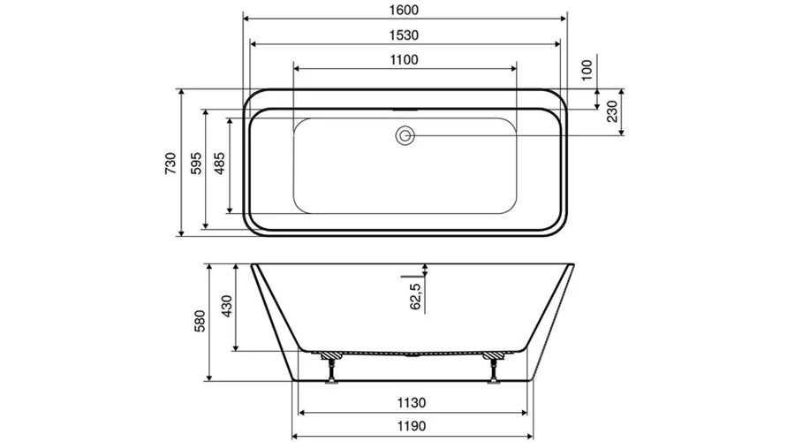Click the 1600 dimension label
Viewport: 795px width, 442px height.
(x=404, y=10)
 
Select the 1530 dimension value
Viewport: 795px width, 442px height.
(x=404, y=35)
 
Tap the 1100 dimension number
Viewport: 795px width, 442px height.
(x=404, y=60)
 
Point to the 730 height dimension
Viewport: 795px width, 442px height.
(x=170, y=163)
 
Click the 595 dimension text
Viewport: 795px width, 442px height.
(x=196, y=163)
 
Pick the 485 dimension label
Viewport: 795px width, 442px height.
(x=220, y=163)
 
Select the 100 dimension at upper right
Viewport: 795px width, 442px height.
(x=587, y=70)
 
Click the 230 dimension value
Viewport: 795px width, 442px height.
(x=612, y=111)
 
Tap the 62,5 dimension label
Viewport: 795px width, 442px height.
(x=415, y=296)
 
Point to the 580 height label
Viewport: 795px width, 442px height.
(x=201, y=321)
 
